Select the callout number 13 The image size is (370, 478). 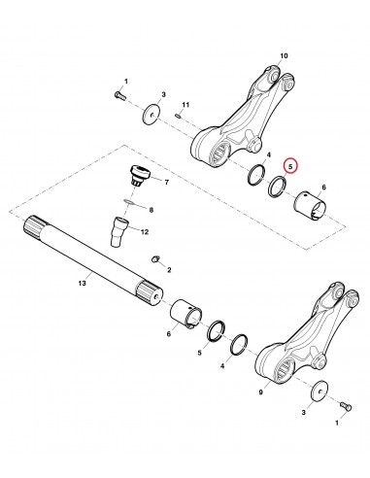(x=83, y=283)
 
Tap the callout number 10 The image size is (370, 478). (x=285, y=56)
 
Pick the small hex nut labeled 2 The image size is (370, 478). (x=155, y=258)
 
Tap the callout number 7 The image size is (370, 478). (x=166, y=181)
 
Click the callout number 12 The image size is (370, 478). (x=171, y=231)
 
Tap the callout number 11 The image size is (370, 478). (x=186, y=104)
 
